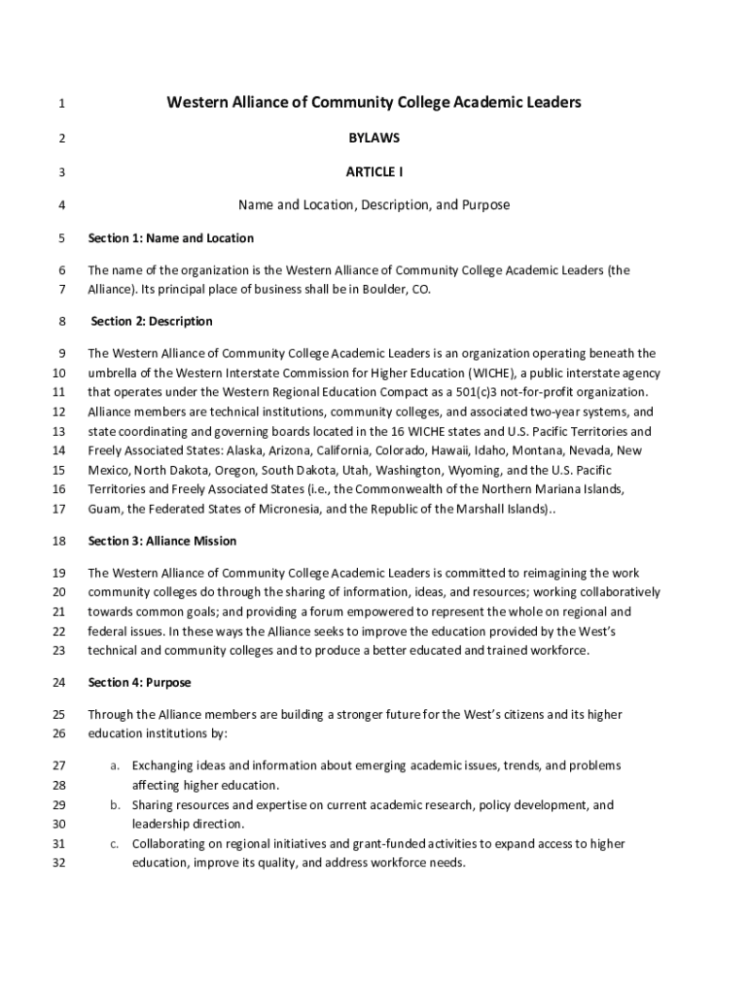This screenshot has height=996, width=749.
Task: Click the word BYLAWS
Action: pyautogui.click(x=374, y=138)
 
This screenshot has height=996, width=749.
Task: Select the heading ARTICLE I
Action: pyautogui.click(x=374, y=172)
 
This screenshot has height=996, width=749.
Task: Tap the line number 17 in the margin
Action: pyautogui.click(x=60, y=509)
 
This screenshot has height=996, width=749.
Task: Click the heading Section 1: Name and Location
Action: pyautogui.click(x=170, y=238)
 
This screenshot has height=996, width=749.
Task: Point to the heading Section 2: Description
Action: pyautogui.click(x=152, y=321)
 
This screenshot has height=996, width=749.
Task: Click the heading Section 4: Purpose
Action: pyautogui.click(x=139, y=683)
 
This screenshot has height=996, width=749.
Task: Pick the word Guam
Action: pyautogui.click(x=103, y=509)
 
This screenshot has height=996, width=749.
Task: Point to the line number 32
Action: pyautogui.click(x=60, y=864)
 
